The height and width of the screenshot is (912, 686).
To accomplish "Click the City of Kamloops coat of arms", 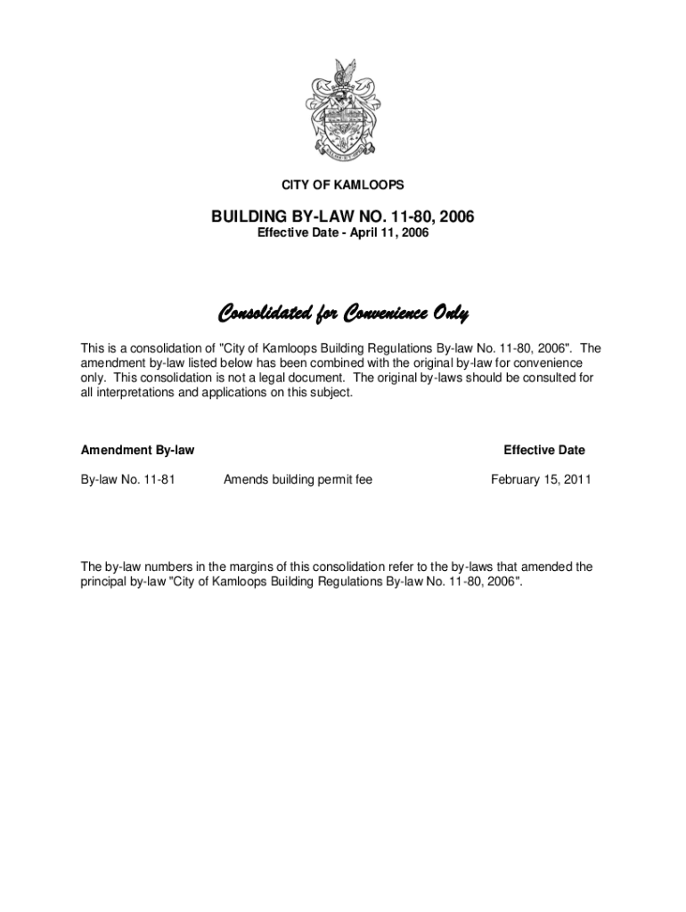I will [342, 110].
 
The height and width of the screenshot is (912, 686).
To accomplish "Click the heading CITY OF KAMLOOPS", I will [343, 185].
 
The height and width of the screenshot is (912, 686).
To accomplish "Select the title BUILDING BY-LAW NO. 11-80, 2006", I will [343, 216].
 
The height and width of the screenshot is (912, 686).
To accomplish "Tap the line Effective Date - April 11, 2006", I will [343, 233].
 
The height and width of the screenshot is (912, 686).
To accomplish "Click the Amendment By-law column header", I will [137, 451].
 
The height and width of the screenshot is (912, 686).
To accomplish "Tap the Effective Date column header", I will [544, 451].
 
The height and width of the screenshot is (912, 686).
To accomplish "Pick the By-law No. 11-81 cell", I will [127, 480].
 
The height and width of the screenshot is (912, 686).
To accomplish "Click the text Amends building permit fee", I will [298, 480].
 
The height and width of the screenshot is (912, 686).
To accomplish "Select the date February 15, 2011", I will [541, 480].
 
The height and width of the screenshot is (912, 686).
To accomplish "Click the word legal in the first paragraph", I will [274, 378].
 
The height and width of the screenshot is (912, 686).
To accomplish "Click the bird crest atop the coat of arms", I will [344, 72].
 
